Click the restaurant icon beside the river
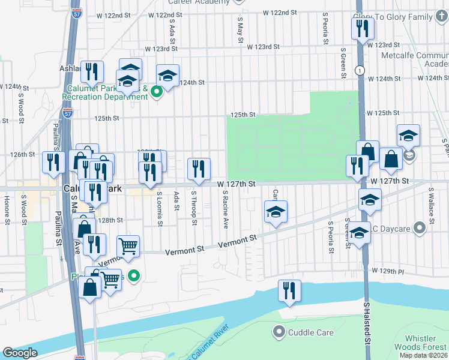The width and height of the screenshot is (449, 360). pyautogui.click(x=289, y=291)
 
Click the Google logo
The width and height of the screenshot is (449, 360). pyautogui.click(x=20, y=353)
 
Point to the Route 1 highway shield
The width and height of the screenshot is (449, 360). pyautogui.click(x=358, y=70)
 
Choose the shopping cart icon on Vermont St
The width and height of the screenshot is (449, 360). pyautogui.click(x=128, y=246)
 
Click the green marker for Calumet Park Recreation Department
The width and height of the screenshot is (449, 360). pyautogui.click(x=157, y=92)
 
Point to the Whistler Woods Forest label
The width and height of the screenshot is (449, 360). pyautogui.click(x=420, y=343)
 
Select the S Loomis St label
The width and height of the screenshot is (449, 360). pyautogui.click(x=160, y=209)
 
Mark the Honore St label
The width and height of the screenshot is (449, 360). pyautogui.click(x=7, y=206)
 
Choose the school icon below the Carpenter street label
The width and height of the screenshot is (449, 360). pyautogui.click(x=275, y=212)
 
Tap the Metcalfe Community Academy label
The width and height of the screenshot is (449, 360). pyautogui.click(x=415, y=59)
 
